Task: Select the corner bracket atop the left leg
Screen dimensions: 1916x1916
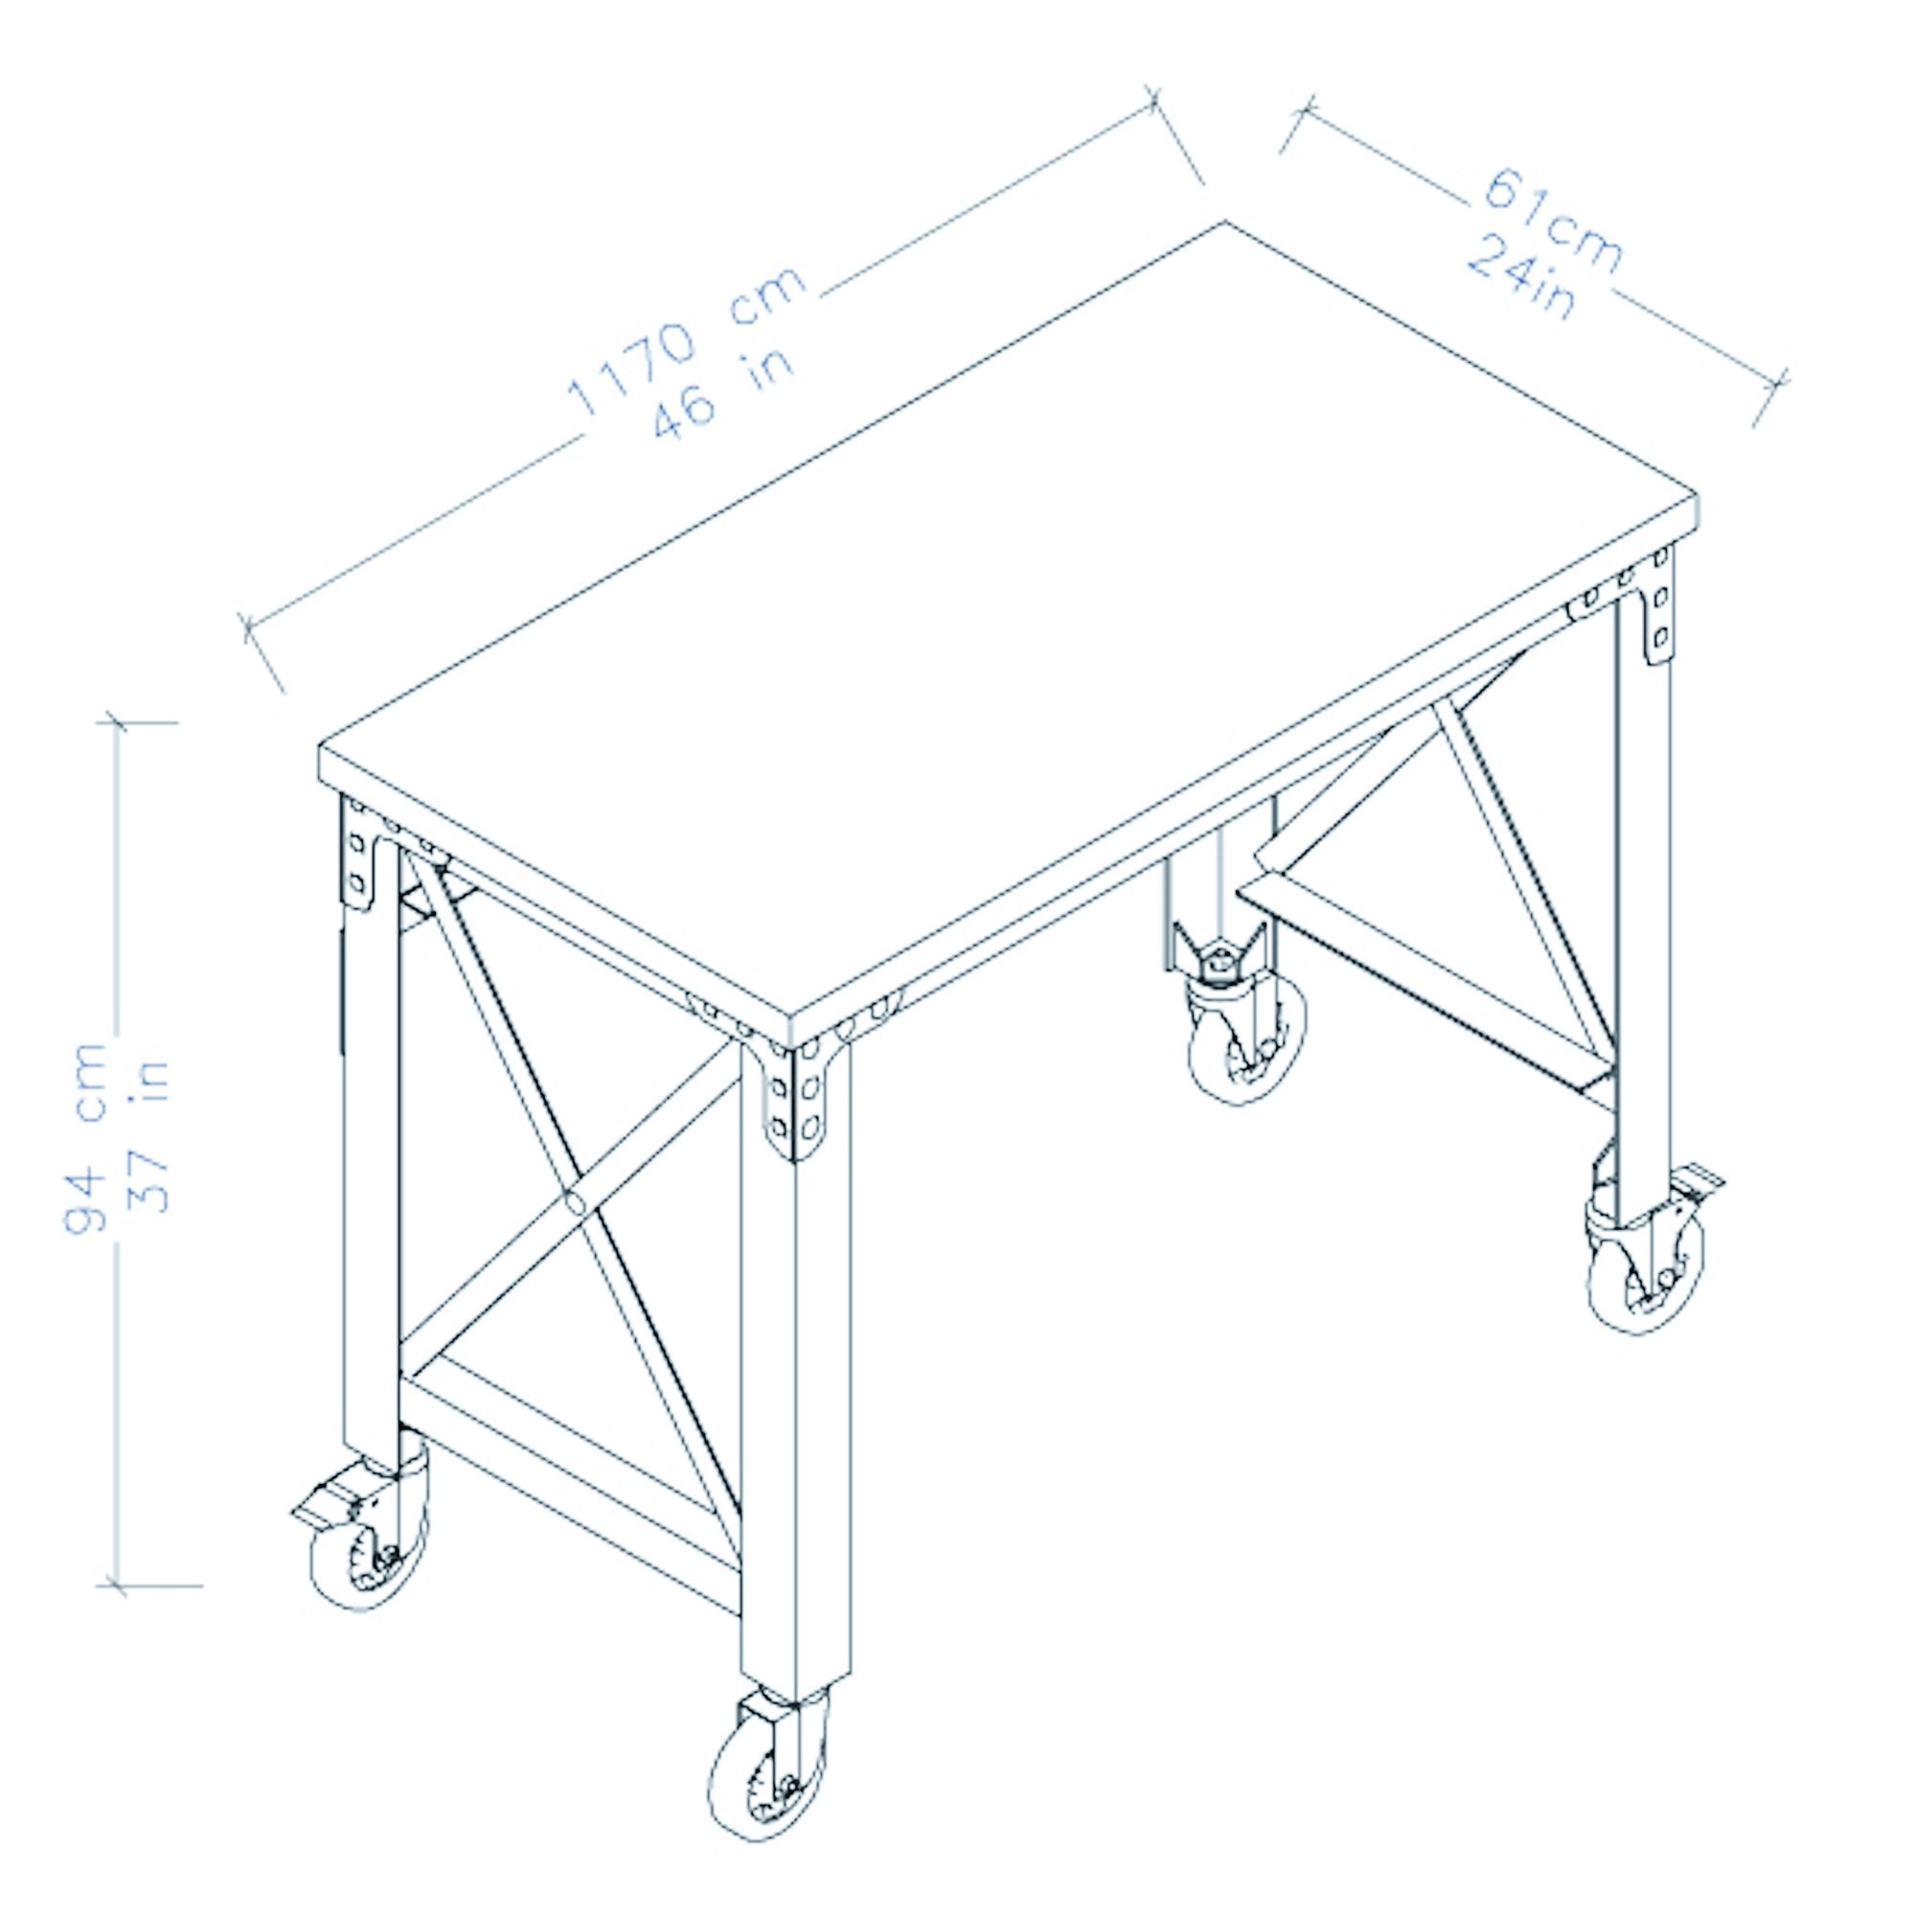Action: click(360, 858)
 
